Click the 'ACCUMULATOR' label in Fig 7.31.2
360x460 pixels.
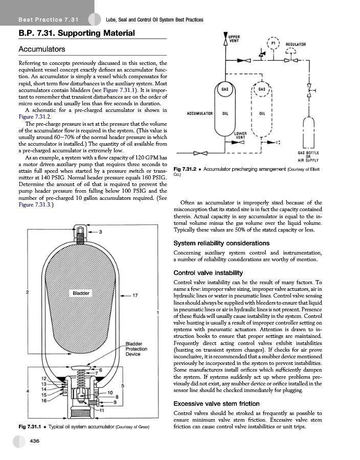coord(199,113)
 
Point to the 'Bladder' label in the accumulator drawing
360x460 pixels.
coord(82,293)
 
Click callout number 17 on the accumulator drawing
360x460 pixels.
coord(135,295)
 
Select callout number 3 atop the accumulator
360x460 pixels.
coord(101,233)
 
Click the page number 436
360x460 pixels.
coord(36,440)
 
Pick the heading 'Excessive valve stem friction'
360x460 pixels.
coord(217,404)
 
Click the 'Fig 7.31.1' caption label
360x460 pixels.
coord(30,426)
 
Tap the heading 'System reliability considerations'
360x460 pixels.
coord(221,243)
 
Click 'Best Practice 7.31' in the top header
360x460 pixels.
coord(48,19)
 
